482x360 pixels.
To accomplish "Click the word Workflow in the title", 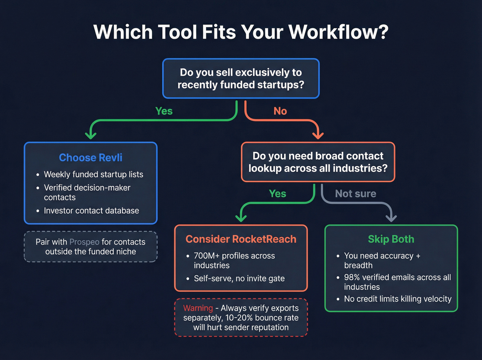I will point(338,32).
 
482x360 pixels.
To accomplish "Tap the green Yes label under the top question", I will point(164,111).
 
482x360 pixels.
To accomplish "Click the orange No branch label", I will point(280,111).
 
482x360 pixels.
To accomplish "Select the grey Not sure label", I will point(356,194).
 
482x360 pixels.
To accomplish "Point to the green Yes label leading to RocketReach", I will point(277,194).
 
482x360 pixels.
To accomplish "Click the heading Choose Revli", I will point(91,157).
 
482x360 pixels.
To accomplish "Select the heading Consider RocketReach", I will point(241,239).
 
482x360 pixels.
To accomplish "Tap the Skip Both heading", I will point(391,239).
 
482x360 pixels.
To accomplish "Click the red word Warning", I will point(198,308).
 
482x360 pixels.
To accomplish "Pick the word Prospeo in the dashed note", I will point(84,242).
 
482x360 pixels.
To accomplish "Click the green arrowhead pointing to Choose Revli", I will point(91,135).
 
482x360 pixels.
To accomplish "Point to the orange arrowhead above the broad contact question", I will point(318,135).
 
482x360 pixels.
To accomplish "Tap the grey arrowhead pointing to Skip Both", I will point(391,218).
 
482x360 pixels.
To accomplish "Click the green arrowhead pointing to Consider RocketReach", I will point(241,218).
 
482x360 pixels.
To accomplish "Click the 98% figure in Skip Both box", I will point(352,277).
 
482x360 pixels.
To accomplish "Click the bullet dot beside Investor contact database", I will point(38,211).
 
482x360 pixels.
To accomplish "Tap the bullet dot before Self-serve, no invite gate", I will point(188,279).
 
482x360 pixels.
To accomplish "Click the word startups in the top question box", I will point(284,85).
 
